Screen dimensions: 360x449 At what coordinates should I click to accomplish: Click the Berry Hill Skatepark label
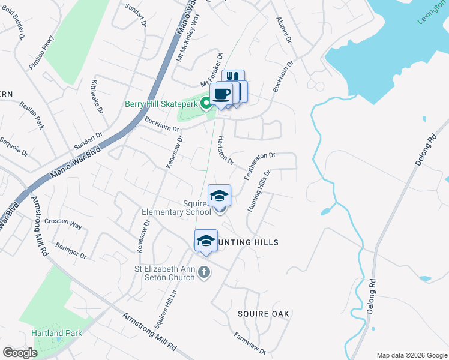161,104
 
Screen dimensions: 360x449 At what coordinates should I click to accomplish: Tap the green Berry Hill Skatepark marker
206,104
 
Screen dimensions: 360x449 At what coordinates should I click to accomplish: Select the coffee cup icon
221,94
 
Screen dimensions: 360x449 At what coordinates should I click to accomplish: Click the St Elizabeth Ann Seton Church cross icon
204,272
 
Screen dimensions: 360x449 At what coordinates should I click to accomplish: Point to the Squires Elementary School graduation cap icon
219,196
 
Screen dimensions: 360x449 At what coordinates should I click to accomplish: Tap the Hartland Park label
52,333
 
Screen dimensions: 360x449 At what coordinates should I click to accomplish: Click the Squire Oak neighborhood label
263,314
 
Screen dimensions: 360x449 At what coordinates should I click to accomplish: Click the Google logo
20,353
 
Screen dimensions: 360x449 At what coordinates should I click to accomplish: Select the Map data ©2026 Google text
411,355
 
